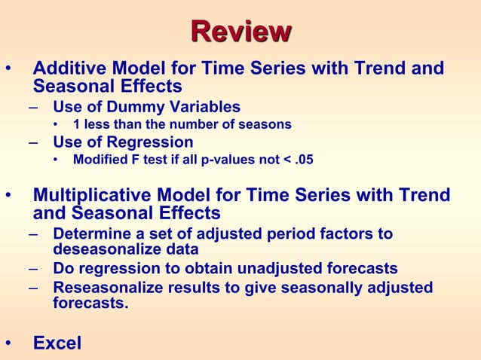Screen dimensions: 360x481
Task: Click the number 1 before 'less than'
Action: [76, 124]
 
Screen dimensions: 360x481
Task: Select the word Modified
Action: [100, 160]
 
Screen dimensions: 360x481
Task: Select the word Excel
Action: [57, 343]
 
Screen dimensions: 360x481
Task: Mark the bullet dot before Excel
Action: [8, 344]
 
